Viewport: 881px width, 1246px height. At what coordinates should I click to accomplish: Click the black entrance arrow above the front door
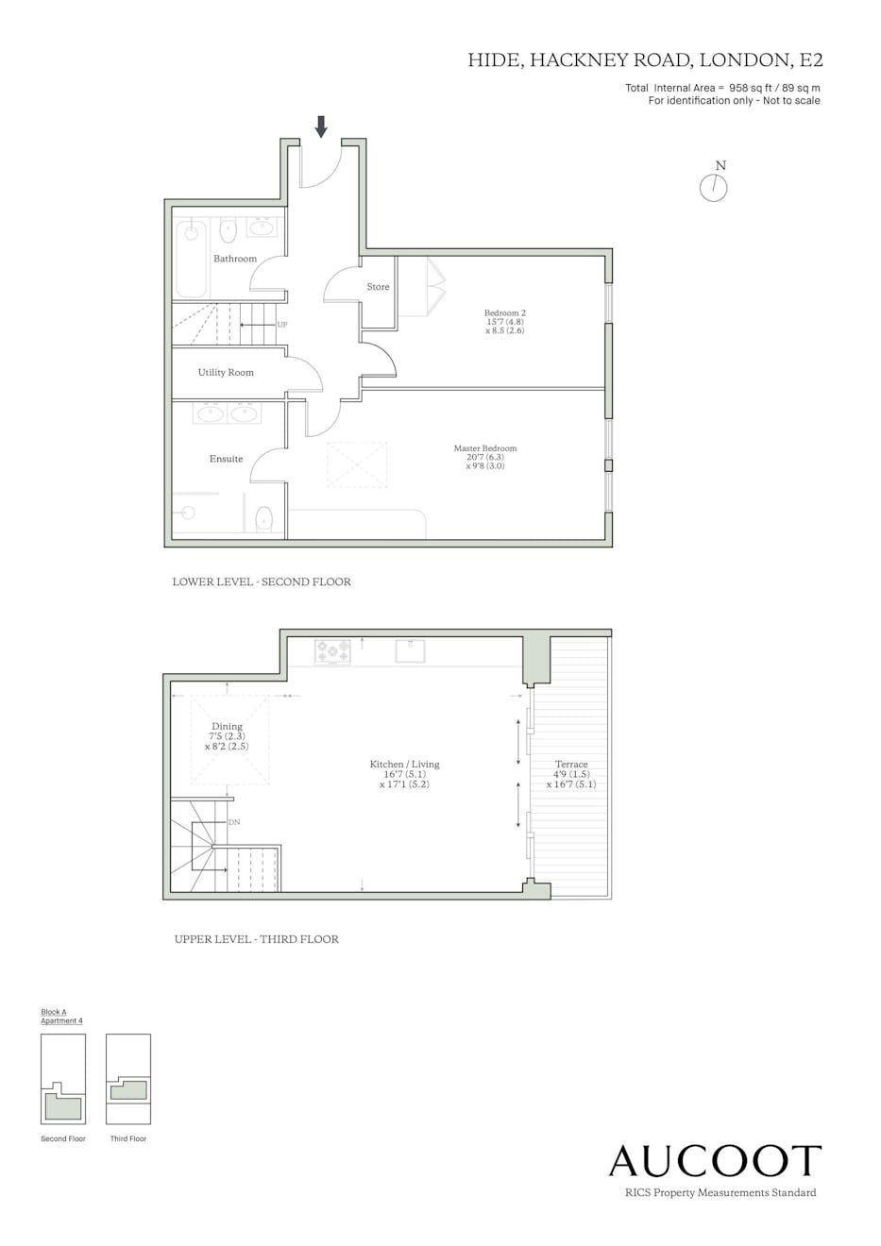(320, 126)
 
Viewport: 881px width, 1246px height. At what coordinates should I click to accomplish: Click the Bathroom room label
(235, 259)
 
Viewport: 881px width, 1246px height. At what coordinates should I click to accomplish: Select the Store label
(378, 287)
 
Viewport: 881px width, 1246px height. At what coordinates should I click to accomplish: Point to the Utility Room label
(226, 373)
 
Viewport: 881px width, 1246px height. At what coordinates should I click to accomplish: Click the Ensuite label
(226, 459)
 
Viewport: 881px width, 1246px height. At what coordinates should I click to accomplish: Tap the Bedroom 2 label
(505, 312)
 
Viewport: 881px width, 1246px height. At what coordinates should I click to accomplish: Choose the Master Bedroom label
(485, 447)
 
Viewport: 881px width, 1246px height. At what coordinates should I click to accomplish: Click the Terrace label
(571, 765)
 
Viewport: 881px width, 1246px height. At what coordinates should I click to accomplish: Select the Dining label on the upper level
(227, 726)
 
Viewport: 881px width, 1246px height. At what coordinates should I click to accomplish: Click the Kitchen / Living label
(404, 765)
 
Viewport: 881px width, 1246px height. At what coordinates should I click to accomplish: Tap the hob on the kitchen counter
(332, 651)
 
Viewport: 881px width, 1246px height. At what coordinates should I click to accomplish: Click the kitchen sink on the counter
(410, 650)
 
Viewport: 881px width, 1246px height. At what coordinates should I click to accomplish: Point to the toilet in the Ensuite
(263, 519)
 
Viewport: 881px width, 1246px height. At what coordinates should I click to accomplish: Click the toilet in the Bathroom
(229, 230)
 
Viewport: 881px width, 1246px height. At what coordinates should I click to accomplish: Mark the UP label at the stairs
(282, 325)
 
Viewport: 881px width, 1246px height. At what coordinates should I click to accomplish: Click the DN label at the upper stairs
(234, 822)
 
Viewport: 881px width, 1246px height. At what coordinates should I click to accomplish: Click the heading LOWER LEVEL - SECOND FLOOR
(262, 581)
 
